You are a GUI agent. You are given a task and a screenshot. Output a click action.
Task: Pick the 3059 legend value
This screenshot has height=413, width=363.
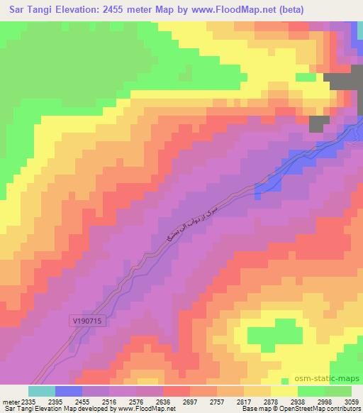tap(350, 401)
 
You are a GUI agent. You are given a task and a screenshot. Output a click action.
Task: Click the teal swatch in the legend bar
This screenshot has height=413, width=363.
tap(42, 391)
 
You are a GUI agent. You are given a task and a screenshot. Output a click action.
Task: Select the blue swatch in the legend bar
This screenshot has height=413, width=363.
tap(69, 391)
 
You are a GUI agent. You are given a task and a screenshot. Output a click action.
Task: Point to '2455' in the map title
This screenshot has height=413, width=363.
tap(140, 10)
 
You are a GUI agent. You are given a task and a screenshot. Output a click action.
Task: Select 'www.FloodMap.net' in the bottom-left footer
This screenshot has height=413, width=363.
tap(147, 409)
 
